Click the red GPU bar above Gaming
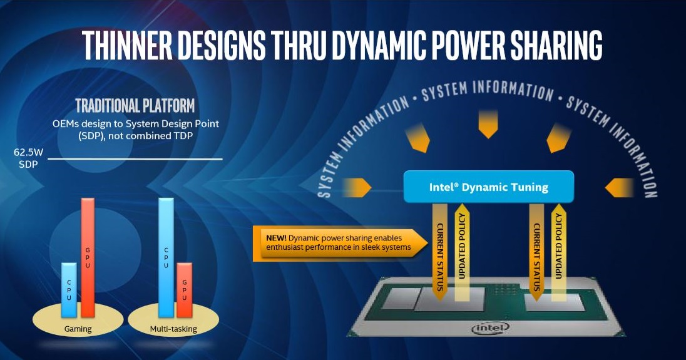click(88, 258)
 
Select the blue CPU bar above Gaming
click(69, 290)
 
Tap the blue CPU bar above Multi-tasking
click(166, 258)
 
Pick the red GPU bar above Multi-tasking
click(184, 290)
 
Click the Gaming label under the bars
click(78, 329)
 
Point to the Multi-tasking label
click(173, 329)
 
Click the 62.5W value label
click(28, 152)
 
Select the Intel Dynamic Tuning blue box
click(488, 187)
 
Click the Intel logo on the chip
click(491, 327)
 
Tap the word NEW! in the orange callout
click(276, 238)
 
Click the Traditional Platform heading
click(135, 106)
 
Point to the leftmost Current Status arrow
click(439, 252)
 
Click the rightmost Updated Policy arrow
click(558, 252)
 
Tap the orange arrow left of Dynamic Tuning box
click(357, 188)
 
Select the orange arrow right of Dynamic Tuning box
click(619, 188)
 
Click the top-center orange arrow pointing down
click(488, 125)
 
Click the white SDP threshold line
click(135, 159)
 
